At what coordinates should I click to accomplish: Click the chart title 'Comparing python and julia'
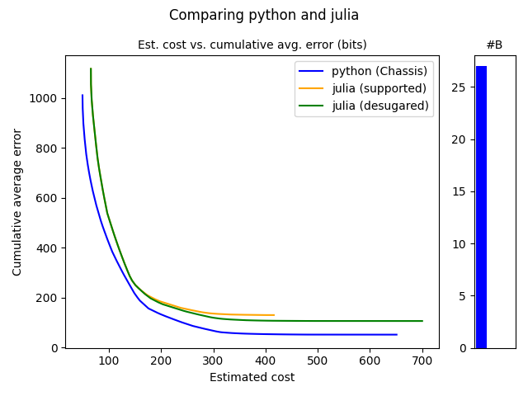pos(264,15)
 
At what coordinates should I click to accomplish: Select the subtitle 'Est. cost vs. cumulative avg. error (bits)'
pos(252,45)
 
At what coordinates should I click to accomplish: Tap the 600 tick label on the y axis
pos(47,198)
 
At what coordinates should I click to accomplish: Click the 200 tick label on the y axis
pos(47,298)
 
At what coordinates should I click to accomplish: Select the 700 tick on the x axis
pos(422,361)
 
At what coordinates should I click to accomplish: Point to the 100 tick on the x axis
pos(108,361)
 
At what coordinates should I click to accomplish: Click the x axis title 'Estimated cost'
pos(252,378)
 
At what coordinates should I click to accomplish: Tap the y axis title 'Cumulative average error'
pos(17,202)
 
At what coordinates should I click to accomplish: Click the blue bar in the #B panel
pos(481,206)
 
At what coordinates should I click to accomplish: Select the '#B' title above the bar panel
pos(494,45)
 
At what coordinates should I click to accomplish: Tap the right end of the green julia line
pos(422,321)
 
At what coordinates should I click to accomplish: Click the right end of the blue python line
pos(397,334)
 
